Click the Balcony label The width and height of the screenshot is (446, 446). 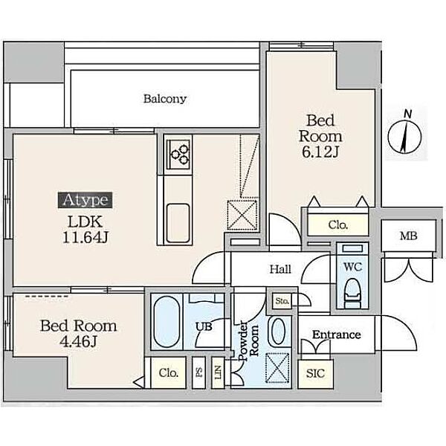click(165, 99)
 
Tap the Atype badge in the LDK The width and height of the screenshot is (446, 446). click(85, 200)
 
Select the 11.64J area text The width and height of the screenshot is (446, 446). click(85, 238)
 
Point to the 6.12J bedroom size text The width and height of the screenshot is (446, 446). click(320, 152)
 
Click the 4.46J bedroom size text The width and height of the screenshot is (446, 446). click(79, 341)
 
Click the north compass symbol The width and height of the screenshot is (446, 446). click(404, 133)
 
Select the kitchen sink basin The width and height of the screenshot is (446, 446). click(178, 222)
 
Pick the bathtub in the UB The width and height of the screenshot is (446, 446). click(167, 322)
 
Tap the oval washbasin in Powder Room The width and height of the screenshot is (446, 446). click(278, 332)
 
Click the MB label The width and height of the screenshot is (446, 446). click(408, 236)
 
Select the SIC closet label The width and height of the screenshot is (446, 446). click(315, 373)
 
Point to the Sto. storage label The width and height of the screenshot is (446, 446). click(282, 300)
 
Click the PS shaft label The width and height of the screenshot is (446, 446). click(199, 372)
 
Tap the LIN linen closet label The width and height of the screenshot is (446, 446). click(218, 372)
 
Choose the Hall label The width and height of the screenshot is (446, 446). click(280, 269)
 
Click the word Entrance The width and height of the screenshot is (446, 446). click(337, 334)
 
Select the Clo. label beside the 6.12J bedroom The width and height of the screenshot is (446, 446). click(338, 225)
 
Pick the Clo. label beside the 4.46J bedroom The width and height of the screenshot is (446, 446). click(169, 372)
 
